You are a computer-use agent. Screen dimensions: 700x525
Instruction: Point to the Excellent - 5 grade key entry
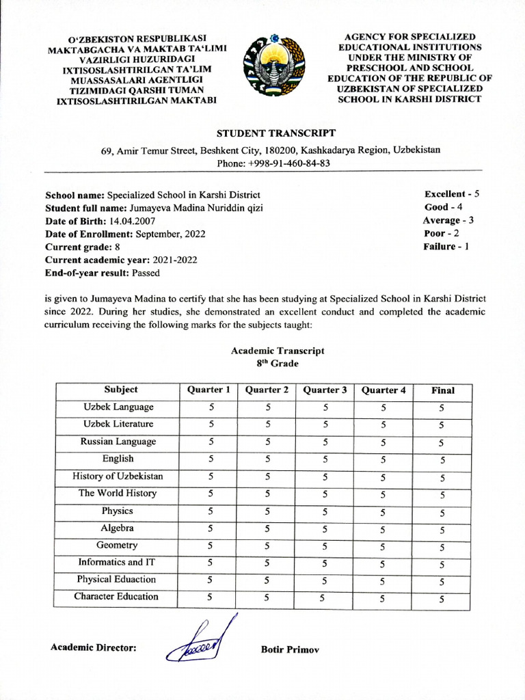(x=451, y=194)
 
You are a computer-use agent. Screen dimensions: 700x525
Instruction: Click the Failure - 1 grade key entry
(x=446, y=246)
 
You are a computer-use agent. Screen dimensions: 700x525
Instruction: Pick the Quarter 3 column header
(x=325, y=390)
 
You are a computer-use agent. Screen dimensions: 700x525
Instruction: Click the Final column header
(x=442, y=390)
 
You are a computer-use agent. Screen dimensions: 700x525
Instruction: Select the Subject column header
(x=121, y=390)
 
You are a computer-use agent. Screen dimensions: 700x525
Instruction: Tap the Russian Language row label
(x=118, y=442)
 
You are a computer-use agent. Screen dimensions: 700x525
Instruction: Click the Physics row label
(x=118, y=511)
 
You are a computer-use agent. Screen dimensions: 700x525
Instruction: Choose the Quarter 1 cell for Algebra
(x=211, y=528)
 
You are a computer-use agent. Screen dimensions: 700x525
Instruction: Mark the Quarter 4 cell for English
(x=383, y=459)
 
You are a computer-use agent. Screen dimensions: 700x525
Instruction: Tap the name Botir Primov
(x=290, y=648)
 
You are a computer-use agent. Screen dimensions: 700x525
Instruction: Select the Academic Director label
(x=94, y=647)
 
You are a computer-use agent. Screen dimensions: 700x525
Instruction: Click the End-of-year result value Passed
(x=146, y=273)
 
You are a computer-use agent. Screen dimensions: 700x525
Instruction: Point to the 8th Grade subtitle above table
(x=277, y=364)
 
